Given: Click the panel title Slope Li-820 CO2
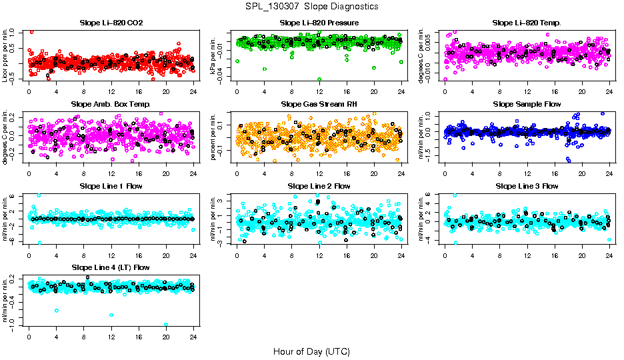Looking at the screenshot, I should [x=111, y=23].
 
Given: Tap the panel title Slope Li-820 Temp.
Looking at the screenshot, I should [x=527, y=23].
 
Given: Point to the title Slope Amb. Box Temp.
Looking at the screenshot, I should [x=111, y=104].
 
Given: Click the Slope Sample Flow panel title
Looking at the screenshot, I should [x=527, y=104].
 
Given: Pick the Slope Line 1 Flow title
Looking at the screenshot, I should [x=111, y=186].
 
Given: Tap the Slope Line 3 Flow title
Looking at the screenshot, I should [x=527, y=186].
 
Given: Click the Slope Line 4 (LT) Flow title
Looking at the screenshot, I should [x=111, y=267].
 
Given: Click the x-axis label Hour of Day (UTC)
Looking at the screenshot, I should [x=311, y=351].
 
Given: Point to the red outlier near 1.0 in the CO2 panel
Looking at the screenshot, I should [x=32, y=31].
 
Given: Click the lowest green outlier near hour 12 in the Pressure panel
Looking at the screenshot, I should [x=319, y=79].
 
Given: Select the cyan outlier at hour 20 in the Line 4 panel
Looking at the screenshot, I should [x=166, y=325].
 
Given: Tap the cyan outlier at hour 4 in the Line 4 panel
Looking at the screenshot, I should [x=57, y=310].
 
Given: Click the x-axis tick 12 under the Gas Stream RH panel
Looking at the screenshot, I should [x=319, y=173].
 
